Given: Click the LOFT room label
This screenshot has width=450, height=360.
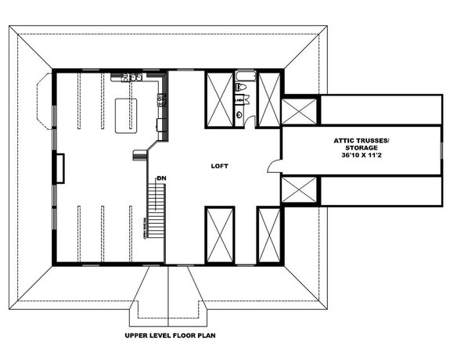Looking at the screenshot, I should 220,166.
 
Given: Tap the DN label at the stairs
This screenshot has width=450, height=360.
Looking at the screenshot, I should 161,178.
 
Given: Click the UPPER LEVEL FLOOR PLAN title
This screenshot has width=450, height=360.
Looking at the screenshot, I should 170,336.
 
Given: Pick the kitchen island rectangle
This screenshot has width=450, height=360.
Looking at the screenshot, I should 125,113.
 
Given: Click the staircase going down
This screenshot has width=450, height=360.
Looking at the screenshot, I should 154,211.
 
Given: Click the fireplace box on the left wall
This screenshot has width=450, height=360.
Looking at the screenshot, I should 59,166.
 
